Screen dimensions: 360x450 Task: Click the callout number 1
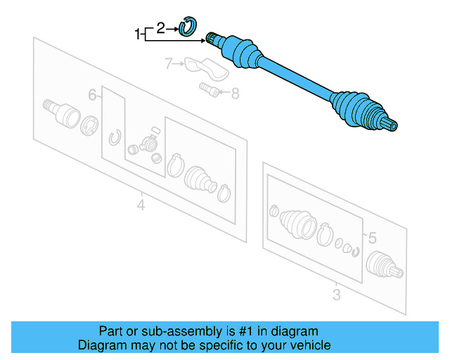click(x=138, y=32)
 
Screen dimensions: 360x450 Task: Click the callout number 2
click(x=160, y=28)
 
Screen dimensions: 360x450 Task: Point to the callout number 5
click(x=373, y=236)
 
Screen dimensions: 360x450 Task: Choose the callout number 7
click(x=169, y=65)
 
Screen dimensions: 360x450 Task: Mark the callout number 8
click(x=235, y=91)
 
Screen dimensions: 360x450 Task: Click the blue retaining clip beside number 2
click(x=188, y=27)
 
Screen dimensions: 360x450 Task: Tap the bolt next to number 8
click(x=207, y=89)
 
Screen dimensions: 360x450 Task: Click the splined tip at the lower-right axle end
click(x=391, y=127)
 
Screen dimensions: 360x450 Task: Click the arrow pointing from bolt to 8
click(x=223, y=91)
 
